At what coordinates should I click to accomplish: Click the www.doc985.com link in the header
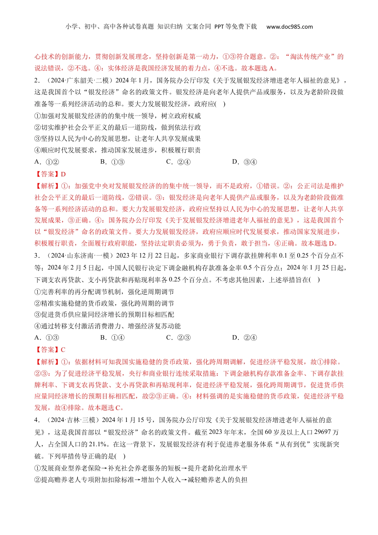coord(289,27)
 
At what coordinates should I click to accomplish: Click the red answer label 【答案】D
coord(50,174)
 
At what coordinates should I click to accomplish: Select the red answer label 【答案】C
coord(50,350)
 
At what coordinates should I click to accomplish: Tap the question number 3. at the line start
coord(37,256)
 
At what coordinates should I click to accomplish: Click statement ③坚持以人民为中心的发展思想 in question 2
coord(117,139)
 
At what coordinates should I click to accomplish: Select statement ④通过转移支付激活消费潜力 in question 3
coord(107,326)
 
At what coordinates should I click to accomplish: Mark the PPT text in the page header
coord(219,27)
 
